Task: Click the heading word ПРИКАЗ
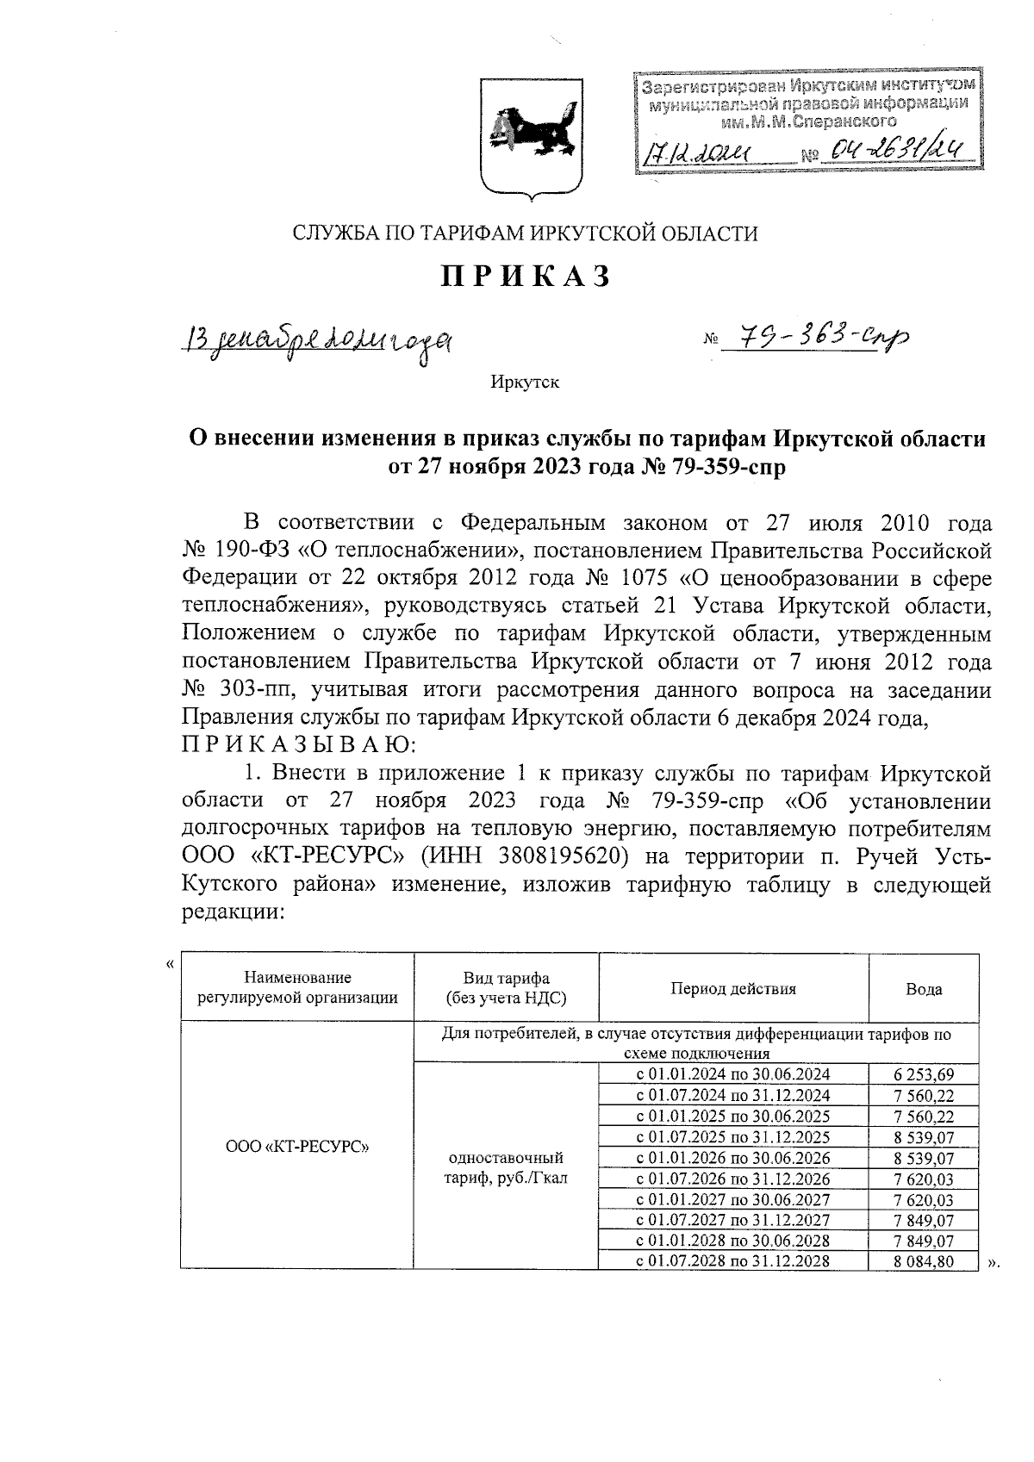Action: [526, 277]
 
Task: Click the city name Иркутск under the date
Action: [525, 381]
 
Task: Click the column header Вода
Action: [923, 989]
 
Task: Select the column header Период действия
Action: [733, 988]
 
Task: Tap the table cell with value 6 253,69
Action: [923, 1074]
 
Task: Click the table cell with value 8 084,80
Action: [923, 1260]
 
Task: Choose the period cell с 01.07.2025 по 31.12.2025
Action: [733, 1136]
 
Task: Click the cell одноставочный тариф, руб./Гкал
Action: [506, 1167]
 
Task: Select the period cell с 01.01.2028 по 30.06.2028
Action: [733, 1240]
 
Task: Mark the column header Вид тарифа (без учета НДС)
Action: [506, 988]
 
